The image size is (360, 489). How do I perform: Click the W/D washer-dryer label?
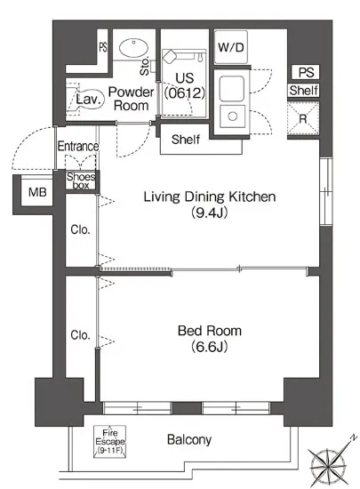click(230, 47)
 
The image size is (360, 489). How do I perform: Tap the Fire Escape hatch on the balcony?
click(109, 441)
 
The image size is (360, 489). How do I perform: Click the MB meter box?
click(37, 192)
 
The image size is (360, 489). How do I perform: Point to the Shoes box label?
click(81, 180)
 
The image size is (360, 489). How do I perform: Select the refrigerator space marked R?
click(303, 118)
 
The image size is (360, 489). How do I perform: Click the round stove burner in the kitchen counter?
click(232, 116)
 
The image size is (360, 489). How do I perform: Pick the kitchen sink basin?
click(232, 88)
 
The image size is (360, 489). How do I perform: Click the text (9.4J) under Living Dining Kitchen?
click(209, 212)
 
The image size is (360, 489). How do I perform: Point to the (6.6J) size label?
click(209, 346)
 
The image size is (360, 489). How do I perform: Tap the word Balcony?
click(189, 440)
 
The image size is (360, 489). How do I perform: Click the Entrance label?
click(78, 146)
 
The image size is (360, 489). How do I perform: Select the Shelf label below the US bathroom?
click(186, 140)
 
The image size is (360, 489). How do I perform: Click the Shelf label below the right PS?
click(303, 91)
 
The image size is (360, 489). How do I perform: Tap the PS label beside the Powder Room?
click(103, 47)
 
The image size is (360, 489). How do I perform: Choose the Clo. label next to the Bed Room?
click(80, 335)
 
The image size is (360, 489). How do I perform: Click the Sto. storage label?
click(145, 66)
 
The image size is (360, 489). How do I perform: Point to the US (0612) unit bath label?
click(185, 85)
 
